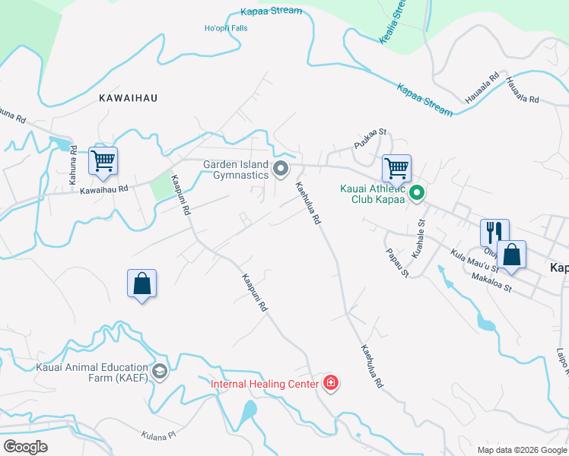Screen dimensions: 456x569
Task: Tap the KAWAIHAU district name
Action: tap(126, 98)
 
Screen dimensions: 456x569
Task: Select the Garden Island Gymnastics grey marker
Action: tap(281, 169)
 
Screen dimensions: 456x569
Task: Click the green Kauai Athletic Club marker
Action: tap(417, 194)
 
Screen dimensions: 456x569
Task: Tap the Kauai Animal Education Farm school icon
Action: tap(159, 372)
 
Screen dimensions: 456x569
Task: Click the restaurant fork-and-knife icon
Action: tap(494, 232)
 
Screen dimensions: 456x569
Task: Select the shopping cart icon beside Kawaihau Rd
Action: tap(103, 160)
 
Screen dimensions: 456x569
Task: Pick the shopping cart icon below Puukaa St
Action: tap(396, 168)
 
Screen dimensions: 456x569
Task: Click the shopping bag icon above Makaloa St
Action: tap(512, 255)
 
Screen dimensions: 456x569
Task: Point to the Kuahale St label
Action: tap(418, 237)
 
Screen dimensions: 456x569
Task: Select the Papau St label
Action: tap(398, 262)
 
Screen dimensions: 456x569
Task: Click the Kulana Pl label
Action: tap(158, 435)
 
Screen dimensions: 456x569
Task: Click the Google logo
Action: tap(25, 447)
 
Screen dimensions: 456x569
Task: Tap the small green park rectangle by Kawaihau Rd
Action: tap(161, 187)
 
